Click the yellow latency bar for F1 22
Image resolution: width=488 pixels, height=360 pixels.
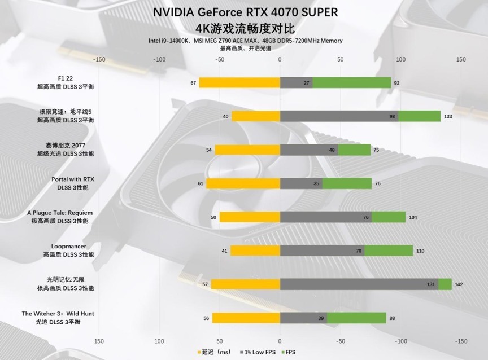(239, 83)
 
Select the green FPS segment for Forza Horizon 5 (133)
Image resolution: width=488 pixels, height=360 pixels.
(419, 116)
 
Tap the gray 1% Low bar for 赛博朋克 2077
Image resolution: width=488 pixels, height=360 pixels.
(309, 150)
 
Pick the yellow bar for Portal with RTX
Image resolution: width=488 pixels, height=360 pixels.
(243, 183)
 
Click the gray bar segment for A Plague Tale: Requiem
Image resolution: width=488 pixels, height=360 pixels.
(326, 217)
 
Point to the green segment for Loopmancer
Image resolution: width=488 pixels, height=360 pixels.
(388, 251)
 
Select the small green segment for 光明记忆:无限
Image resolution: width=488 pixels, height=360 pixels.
(445, 284)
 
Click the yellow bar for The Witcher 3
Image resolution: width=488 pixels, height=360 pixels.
(246, 318)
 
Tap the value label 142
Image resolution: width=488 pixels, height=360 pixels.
(459, 284)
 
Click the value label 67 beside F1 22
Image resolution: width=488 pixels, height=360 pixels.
(193, 83)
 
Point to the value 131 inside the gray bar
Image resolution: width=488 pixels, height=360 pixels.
(432, 284)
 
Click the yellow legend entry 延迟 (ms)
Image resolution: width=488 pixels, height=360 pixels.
(215, 353)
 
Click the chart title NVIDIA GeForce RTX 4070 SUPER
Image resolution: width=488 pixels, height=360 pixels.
(245, 12)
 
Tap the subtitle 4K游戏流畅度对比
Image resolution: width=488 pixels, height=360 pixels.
(245, 28)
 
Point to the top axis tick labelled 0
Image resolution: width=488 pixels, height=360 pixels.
(280, 59)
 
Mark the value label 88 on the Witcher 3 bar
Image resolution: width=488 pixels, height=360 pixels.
(392, 318)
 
